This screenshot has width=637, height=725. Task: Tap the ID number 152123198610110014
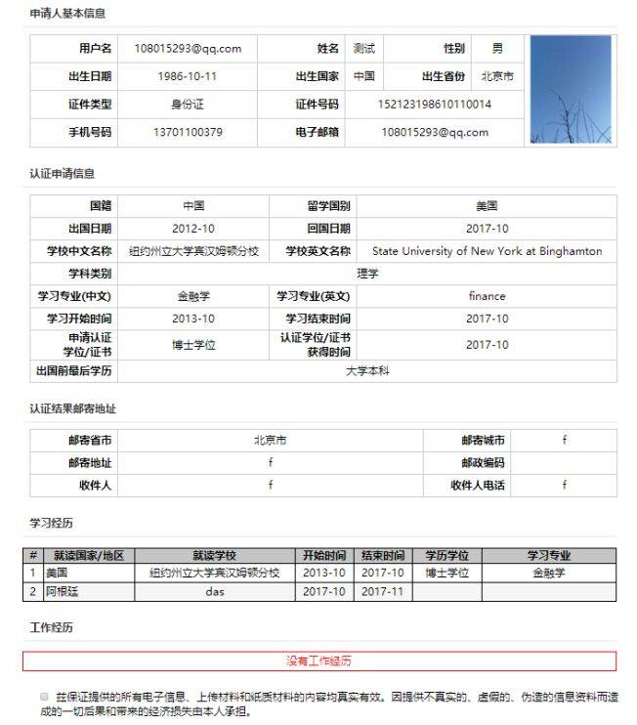(434, 105)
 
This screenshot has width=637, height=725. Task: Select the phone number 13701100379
(188, 132)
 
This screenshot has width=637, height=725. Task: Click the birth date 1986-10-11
(188, 76)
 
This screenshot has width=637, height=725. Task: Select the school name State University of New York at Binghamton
(487, 251)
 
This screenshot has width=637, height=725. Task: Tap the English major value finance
(487, 296)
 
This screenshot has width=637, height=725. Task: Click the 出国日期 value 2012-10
(193, 229)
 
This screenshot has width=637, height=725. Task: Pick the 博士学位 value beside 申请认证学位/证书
(193, 345)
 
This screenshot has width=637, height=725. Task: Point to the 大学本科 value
(367, 371)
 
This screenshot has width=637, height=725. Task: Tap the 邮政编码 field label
(483, 463)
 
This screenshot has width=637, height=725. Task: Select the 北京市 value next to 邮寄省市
(270, 441)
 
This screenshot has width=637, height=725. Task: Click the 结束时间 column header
(381, 555)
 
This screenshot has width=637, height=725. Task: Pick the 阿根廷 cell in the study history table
(62, 591)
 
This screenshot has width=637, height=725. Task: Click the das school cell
(215, 591)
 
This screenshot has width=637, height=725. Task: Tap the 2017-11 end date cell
(381, 591)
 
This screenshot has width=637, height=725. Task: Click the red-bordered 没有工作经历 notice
(318, 661)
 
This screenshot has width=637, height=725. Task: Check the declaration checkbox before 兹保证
(44, 697)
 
